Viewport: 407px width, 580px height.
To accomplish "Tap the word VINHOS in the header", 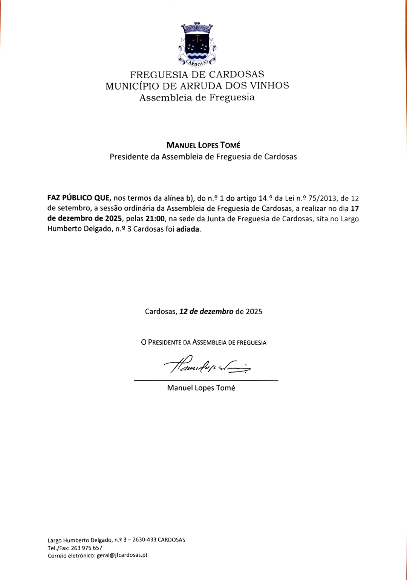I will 270,86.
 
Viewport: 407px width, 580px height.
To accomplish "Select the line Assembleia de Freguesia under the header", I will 197,98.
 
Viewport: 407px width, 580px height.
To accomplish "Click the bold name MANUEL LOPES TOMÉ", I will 203,145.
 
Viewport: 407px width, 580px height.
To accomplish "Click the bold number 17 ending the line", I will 355,208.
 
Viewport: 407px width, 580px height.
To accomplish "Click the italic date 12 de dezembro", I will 207,312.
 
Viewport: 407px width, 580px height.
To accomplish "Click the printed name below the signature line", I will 201,388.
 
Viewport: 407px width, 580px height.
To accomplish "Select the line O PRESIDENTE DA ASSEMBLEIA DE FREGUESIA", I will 203,343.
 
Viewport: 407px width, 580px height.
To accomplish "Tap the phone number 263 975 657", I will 87,548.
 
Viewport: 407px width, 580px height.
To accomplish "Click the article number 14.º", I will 268,198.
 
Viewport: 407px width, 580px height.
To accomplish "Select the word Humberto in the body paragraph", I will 64,229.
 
